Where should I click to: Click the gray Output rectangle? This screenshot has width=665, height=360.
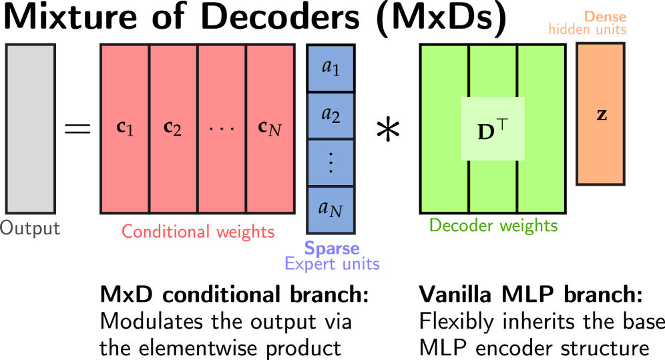[x=31, y=128]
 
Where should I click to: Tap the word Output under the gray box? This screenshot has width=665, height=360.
[x=30, y=229]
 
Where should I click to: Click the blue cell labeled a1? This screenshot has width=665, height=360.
[x=330, y=68]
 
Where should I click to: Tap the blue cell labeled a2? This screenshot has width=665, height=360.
[x=330, y=116]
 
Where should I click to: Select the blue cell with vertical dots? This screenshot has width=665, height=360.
[x=330, y=163]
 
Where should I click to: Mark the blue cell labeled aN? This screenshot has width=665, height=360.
[x=330, y=210]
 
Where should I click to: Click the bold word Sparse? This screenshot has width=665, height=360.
[x=332, y=248]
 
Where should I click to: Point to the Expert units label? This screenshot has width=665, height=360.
[x=332, y=264]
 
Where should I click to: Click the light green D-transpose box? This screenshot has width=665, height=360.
[x=493, y=129]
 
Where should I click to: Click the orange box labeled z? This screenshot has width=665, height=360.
[x=601, y=114]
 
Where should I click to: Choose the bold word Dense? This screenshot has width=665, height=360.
[x=605, y=17]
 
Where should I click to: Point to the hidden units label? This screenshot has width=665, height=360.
[x=588, y=29]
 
